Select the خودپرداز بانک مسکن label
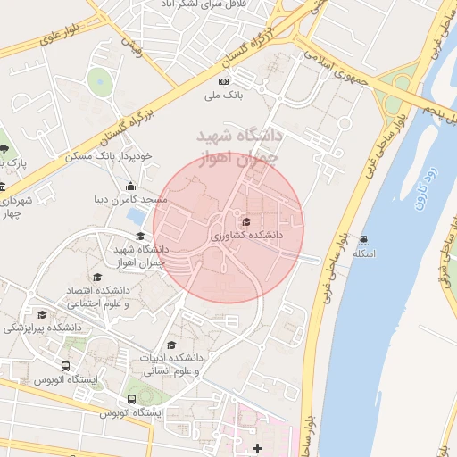tap(109, 155)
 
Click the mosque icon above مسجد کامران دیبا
tap(131, 187)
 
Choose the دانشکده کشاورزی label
tap(246, 235)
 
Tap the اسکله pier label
tap(364, 253)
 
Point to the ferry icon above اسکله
tap(364, 239)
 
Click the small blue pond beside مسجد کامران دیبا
tap(137, 216)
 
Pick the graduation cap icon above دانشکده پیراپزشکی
tap(43, 315)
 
